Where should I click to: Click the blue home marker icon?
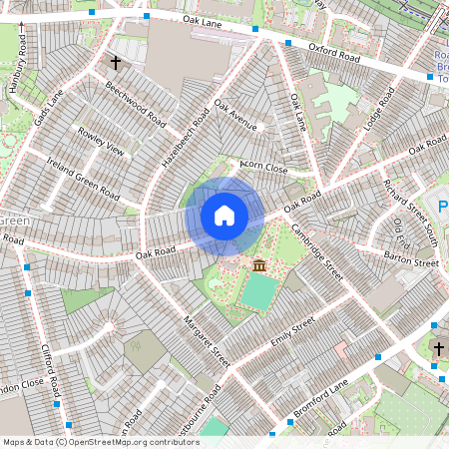pyautogui.click(x=224, y=216)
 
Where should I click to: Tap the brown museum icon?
pyautogui.click(x=259, y=265)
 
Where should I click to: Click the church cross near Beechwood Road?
pyautogui.click(x=116, y=63)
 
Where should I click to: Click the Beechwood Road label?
pyautogui.click(x=135, y=103)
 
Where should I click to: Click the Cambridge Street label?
pyautogui.click(x=316, y=250)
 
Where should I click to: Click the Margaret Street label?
pyautogui.click(x=206, y=342)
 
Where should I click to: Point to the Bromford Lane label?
pyautogui.click(x=321, y=398)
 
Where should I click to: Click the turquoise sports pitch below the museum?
pyautogui.click(x=258, y=292)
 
